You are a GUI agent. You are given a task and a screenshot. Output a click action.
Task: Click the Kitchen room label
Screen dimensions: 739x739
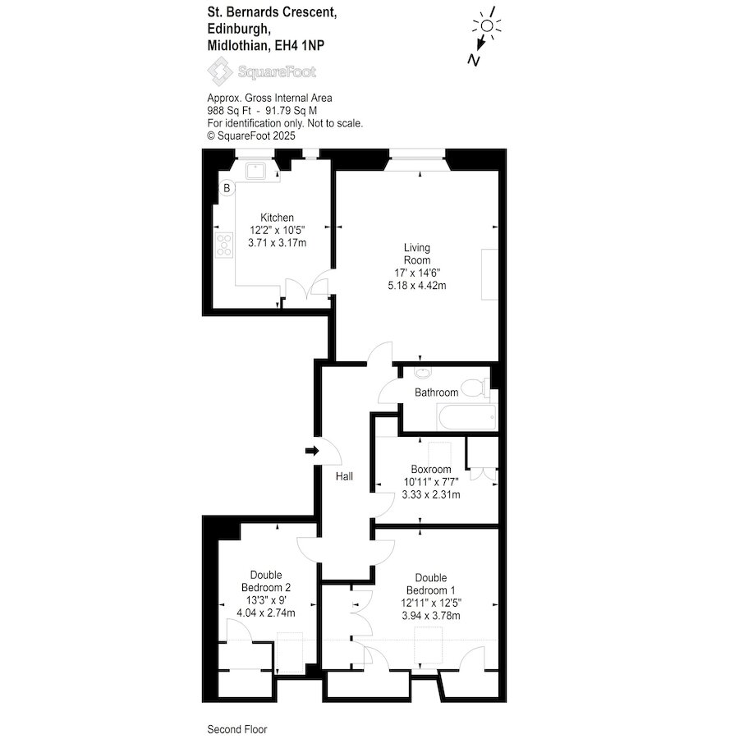click(278, 218)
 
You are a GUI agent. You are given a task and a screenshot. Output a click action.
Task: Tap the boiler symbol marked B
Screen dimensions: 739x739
click(227, 188)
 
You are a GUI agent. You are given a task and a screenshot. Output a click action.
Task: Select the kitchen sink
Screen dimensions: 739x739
click(255, 171)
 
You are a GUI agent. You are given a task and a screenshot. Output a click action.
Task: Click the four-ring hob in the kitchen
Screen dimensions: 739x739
click(224, 246)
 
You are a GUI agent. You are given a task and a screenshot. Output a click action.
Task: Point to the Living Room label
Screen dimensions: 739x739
click(417, 254)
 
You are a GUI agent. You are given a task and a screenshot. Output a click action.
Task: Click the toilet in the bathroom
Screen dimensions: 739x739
click(475, 388)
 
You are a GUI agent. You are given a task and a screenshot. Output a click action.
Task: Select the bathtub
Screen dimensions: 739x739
click(466, 417)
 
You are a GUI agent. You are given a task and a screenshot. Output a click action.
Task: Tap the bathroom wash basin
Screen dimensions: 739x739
click(422, 373)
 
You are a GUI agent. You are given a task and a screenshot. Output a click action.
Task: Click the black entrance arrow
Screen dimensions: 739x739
click(312, 451)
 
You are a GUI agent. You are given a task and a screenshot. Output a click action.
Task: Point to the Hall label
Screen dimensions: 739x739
click(345, 476)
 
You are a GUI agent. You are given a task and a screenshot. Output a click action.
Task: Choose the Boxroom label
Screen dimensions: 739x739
click(431, 470)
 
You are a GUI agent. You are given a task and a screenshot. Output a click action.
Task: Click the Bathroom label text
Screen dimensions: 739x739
click(437, 392)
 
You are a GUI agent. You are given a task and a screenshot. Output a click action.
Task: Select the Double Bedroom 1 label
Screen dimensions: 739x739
click(431, 584)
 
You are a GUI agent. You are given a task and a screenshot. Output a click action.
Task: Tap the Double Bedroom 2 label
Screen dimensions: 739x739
click(266, 581)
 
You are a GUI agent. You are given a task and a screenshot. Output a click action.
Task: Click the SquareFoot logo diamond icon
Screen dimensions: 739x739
click(219, 71)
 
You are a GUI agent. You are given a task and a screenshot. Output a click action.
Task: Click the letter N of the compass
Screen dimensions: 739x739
click(474, 60)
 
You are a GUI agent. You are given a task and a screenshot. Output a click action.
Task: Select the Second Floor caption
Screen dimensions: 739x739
click(237, 730)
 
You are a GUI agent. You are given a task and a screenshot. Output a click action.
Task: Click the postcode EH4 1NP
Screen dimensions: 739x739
click(300, 46)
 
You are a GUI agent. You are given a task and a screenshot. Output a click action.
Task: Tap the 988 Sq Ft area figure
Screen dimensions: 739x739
click(229, 111)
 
